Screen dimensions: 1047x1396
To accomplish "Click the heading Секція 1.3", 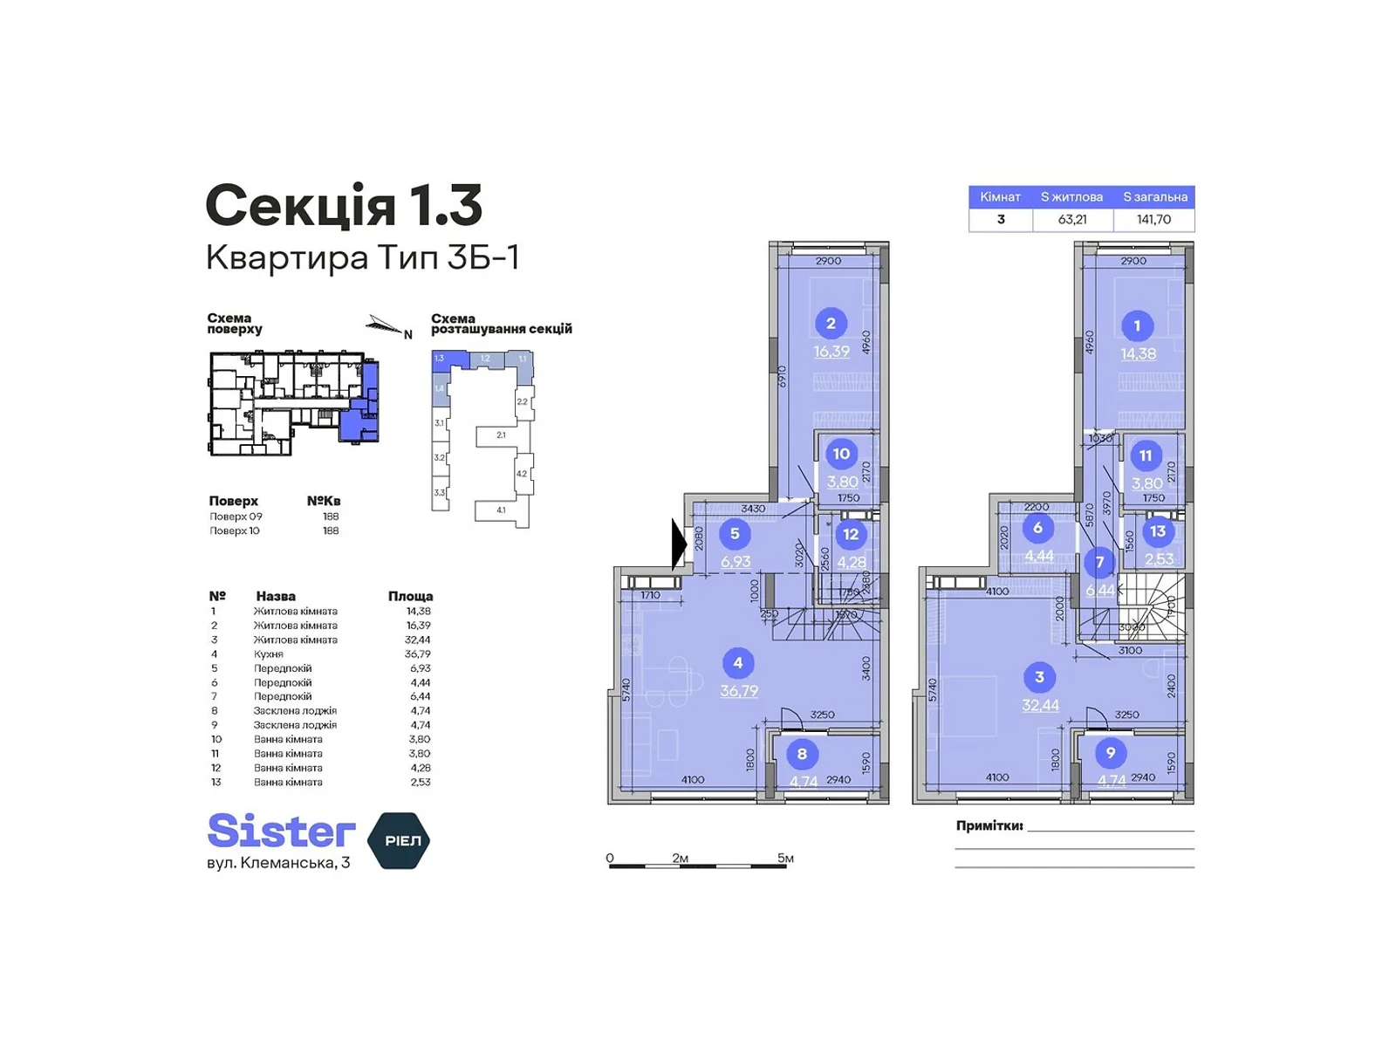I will pyautogui.click(x=343, y=206).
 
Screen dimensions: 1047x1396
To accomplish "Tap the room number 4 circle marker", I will pyautogui.click(x=738, y=663).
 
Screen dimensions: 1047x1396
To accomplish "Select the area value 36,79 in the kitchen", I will pyautogui.click(x=739, y=691).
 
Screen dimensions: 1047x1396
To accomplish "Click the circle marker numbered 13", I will pyautogui.click(x=1158, y=531).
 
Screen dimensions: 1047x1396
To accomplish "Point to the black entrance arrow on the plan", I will pyautogui.click(x=679, y=544).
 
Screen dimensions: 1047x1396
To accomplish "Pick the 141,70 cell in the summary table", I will pyautogui.click(x=1153, y=220).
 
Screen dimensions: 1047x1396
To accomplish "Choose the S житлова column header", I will pyautogui.click(x=1071, y=197).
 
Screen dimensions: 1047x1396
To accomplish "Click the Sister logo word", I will pyautogui.click(x=281, y=831).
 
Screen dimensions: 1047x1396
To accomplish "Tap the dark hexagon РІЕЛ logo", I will pyautogui.click(x=400, y=840).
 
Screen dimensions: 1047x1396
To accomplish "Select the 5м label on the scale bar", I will pyautogui.click(x=785, y=859).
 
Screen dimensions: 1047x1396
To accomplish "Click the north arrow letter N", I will pyautogui.click(x=407, y=334).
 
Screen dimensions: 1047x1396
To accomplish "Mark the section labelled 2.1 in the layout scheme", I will pyautogui.click(x=501, y=435).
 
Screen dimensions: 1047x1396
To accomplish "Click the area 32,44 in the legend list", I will pyautogui.click(x=419, y=640).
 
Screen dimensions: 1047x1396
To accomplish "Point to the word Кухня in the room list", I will pyautogui.click(x=268, y=654).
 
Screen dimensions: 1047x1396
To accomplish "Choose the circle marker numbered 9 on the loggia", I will pyautogui.click(x=1110, y=753).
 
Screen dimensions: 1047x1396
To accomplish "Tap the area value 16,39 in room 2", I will pyautogui.click(x=831, y=352).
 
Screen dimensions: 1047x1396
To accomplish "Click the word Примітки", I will pyautogui.click(x=989, y=825).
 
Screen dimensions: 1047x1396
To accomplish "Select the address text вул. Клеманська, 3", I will pyautogui.click(x=278, y=863).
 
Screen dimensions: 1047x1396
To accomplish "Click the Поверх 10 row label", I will pyautogui.click(x=235, y=530).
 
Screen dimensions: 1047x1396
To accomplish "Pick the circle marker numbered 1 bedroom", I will pyautogui.click(x=1137, y=326).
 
